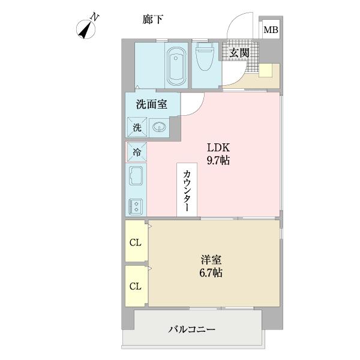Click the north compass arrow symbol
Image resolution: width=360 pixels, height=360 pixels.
click(x=88, y=26)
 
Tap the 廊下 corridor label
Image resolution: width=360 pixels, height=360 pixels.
click(x=154, y=20)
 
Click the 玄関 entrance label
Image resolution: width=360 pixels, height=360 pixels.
click(x=239, y=53)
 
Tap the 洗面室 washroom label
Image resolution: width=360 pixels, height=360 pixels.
click(x=151, y=104)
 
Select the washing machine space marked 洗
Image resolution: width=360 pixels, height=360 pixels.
click(x=136, y=127)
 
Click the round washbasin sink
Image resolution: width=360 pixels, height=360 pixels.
click(x=159, y=127)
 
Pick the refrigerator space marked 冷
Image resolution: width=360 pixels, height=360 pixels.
click(x=136, y=152)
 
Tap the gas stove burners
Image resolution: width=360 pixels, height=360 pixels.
click(x=136, y=206)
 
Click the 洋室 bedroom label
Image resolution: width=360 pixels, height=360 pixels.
click(x=211, y=260)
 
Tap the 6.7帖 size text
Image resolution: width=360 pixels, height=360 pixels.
click(x=211, y=273)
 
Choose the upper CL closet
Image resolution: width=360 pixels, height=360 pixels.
click(x=136, y=243)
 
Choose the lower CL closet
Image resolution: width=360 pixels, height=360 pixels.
click(x=136, y=286)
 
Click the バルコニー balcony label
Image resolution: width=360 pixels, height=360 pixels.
click(x=191, y=329)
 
